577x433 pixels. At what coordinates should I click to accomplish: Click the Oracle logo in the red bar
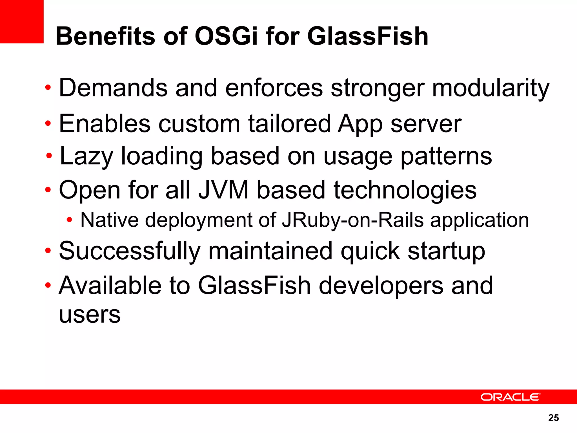coord(510,397)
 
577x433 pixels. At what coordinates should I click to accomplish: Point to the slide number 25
coord(553,418)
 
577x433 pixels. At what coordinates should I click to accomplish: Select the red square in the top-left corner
coord(22,21)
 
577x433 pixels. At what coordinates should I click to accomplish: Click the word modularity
coord(491,88)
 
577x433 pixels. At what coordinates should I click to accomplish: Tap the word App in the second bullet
coord(360,124)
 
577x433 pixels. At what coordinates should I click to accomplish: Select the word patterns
coord(446,156)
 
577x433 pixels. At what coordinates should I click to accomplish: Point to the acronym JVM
coord(223,190)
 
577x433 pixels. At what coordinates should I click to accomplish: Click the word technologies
coord(405,191)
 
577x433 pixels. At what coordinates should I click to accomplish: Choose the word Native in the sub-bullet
coord(110,220)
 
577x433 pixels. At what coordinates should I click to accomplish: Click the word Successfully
coord(130,251)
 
